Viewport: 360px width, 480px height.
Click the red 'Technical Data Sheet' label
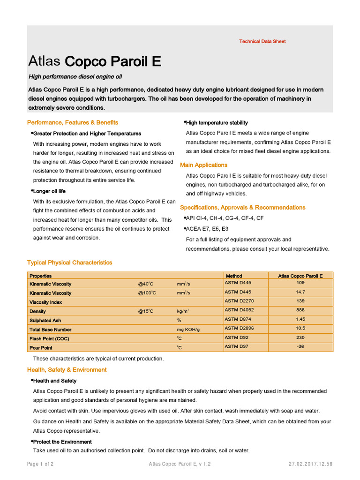point(262,41)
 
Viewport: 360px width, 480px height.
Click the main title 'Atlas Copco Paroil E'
point(95,61)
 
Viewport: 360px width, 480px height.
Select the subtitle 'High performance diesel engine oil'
point(75,76)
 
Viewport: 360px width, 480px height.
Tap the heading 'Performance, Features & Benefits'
point(73,122)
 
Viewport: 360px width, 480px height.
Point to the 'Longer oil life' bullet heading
point(49,191)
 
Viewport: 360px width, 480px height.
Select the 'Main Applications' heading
point(204,165)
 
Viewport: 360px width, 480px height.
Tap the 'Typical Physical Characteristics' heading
point(70,262)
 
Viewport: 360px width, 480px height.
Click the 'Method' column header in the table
point(234,276)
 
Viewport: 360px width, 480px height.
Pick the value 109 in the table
point(300,283)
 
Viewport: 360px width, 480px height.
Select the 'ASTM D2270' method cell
point(240,301)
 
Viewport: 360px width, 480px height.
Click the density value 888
point(300,310)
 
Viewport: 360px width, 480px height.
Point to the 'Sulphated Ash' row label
point(45,321)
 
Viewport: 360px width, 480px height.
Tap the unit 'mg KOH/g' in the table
point(188,330)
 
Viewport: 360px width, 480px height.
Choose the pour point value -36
point(300,346)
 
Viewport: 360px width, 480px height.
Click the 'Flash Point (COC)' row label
point(49,339)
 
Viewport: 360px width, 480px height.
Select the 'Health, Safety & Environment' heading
point(67,370)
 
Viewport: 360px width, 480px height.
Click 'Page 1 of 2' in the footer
point(40,464)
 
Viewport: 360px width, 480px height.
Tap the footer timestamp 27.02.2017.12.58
point(311,464)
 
